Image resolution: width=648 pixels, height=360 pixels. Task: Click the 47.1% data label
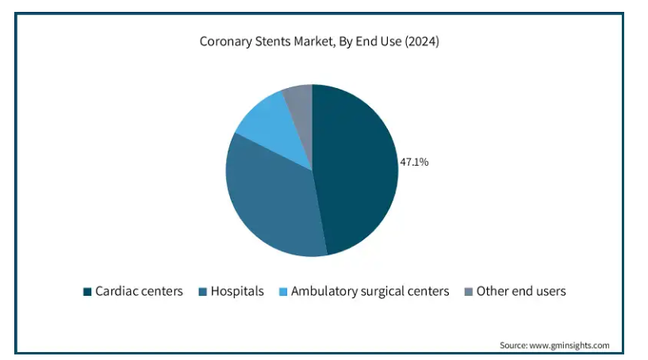415,163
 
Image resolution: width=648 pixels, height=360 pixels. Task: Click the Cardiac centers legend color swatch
86,292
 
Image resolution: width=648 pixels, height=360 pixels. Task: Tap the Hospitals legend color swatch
201,292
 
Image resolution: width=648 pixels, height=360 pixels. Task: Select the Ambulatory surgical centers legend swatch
282,292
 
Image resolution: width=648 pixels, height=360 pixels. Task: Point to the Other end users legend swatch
468,292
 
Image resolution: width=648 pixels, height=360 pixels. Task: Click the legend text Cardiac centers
139,292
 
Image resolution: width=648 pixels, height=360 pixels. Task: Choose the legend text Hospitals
237,292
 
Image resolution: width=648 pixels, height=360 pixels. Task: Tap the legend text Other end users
521,292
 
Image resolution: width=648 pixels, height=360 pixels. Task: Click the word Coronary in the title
224,41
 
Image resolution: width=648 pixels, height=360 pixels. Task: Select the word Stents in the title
274,41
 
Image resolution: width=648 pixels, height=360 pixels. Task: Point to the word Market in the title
316,41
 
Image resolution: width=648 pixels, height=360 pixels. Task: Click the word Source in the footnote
512,346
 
